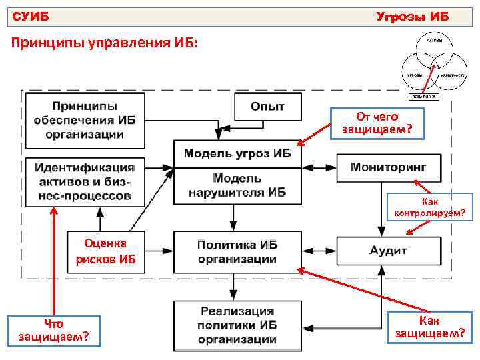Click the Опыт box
[x=267, y=107]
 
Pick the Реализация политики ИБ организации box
[x=237, y=325]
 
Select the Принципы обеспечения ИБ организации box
[x=85, y=120]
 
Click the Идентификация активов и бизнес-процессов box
[x=85, y=181]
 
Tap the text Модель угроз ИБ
[x=237, y=153]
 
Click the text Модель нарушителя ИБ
[x=237, y=186]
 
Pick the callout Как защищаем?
[x=429, y=327]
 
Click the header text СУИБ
[x=31, y=16]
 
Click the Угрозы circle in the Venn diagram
[x=413, y=75]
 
